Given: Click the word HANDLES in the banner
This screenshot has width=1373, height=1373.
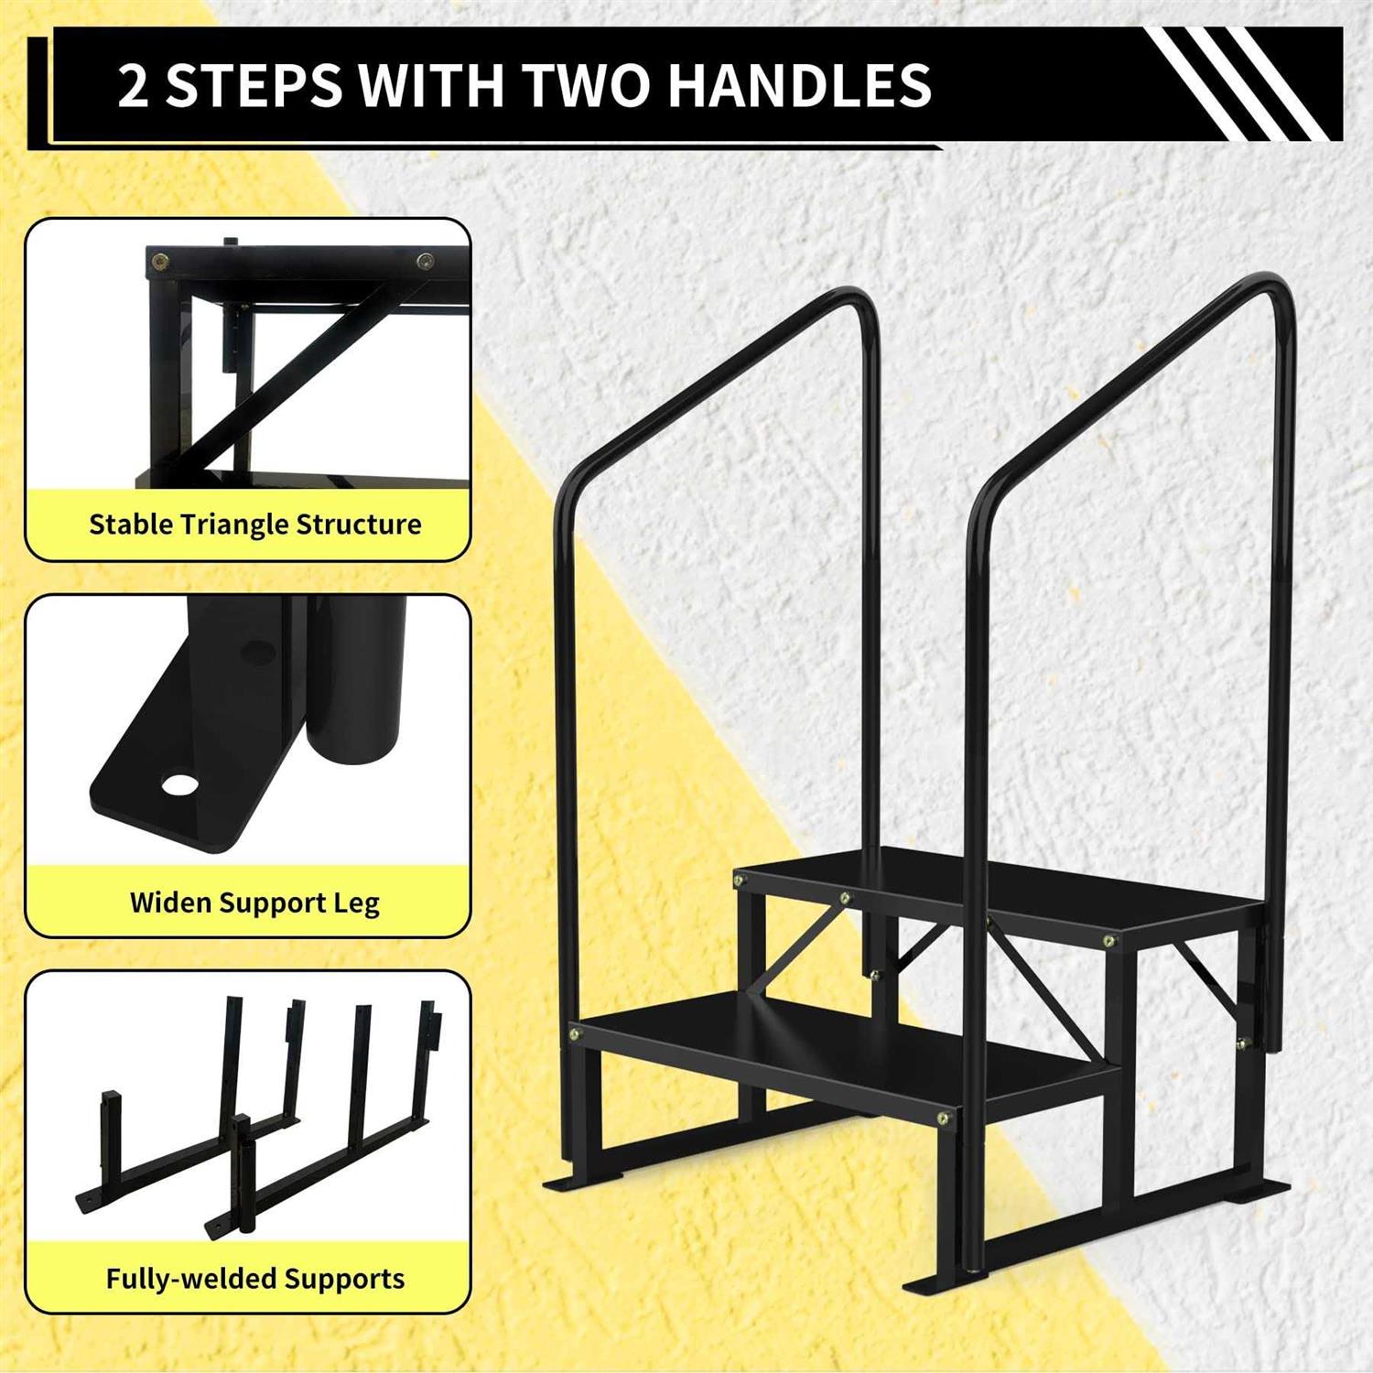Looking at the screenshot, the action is click(799, 84).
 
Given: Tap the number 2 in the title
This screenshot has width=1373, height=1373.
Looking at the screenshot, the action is click(133, 85).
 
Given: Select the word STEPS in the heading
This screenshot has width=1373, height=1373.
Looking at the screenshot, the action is click(253, 85).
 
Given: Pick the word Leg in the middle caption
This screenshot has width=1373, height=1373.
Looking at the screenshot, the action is click(356, 904).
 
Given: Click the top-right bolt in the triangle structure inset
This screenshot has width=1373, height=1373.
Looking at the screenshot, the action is click(426, 262).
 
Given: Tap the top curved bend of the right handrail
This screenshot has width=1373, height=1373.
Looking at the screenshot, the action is click(1268, 291).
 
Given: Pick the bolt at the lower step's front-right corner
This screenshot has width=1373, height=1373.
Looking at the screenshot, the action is click(943, 1118).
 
